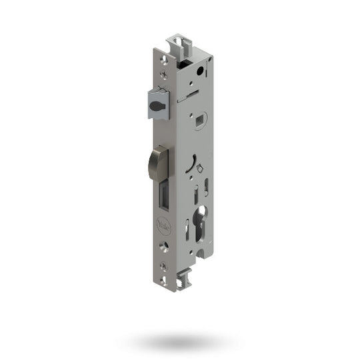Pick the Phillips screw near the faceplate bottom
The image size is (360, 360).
click(x=164, y=251)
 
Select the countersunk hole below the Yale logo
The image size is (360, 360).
click(x=164, y=251)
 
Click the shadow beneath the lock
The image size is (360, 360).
click(x=181, y=341)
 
